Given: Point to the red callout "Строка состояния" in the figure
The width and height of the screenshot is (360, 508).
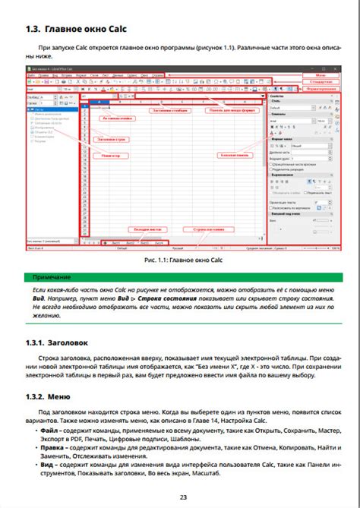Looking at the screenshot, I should click(x=207, y=229).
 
